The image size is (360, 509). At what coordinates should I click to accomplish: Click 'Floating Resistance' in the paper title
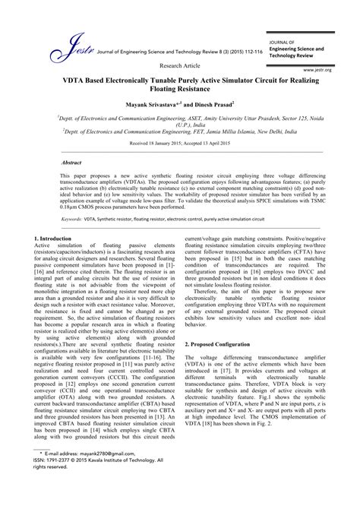coord(179,88)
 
